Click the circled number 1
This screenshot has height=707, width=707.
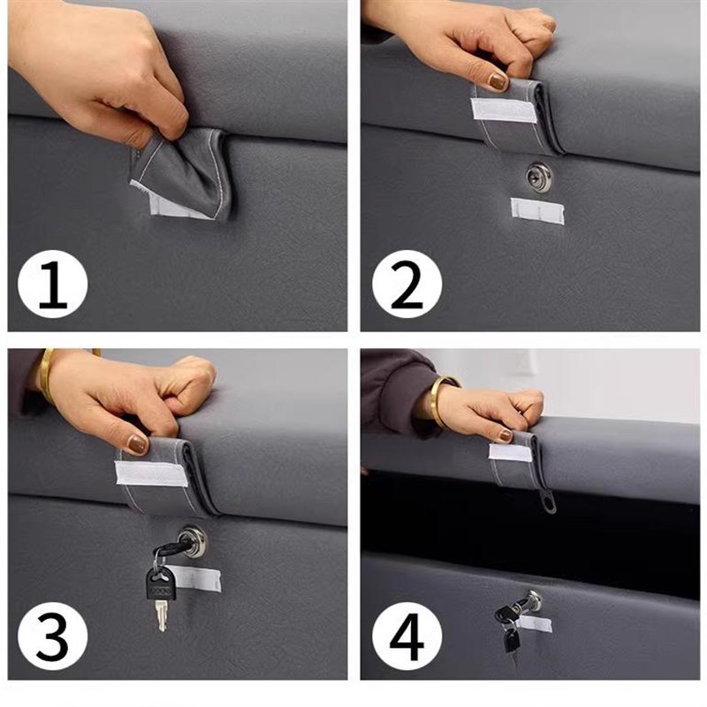(53, 284)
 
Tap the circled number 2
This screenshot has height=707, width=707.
(407, 284)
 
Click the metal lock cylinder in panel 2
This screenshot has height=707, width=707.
(539, 176)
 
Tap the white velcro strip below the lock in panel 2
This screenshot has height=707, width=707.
(537, 210)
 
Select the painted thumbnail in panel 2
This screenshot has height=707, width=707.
(498, 81)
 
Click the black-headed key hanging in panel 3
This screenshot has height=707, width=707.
(161, 584)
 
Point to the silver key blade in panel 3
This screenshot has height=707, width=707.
(162, 616)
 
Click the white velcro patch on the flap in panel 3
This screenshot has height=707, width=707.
(151, 474)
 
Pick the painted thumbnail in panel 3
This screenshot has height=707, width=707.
(138, 445)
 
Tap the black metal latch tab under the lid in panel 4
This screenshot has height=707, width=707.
(549, 501)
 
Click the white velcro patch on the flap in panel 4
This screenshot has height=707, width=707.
(511, 452)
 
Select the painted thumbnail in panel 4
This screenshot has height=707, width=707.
(506, 436)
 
